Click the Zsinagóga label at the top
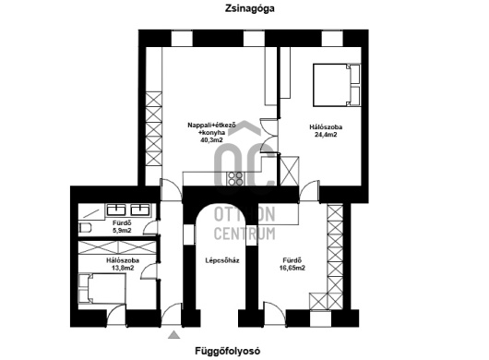coord(249,8)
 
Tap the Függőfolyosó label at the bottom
coord(228,351)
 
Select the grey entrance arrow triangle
coord(174,335)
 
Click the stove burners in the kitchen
coord(235,178)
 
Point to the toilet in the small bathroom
coord(85,228)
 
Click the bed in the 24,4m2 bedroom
coord(337,85)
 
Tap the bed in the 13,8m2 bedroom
coord(101,289)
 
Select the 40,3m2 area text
coord(211,140)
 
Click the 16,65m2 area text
coord(292,268)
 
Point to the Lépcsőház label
coord(222,260)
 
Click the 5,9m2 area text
coord(122,231)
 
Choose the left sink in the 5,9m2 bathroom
coord(116,210)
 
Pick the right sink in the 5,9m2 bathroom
coord(140,210)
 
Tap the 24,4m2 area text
coord(326,135)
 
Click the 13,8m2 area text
coord(123,268)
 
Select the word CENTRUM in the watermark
coord(244,234)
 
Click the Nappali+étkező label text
coord(211,126)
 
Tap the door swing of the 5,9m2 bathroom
coord(149,227)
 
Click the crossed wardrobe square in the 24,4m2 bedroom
coord(290,171)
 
